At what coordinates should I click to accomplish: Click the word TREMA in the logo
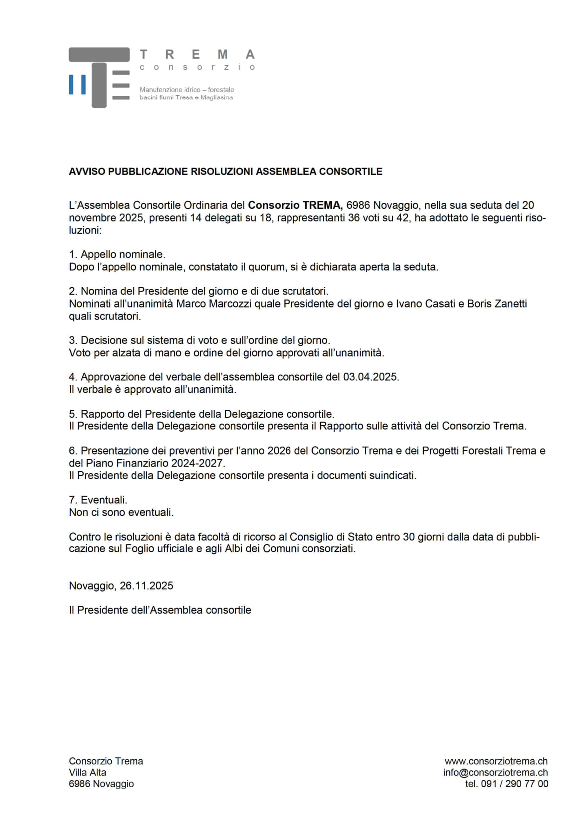(197, 55)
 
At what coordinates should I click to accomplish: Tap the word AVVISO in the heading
(87, 172)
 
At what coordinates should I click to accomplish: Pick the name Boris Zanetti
(497, 304)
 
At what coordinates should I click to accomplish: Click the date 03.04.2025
(370, 377)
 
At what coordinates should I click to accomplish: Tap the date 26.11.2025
(146, 586)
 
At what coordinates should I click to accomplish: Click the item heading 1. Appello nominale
(117, 254)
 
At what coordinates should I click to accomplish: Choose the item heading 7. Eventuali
(98, 500)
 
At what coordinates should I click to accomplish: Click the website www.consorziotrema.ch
(496, 761)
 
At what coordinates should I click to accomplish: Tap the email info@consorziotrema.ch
(495, 772)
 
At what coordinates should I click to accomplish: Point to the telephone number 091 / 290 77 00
(515, 784)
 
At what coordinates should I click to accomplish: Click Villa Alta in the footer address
(87, 772)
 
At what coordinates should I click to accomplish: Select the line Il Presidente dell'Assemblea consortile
(160, 610)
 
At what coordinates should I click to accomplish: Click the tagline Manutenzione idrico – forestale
(187, 89)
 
